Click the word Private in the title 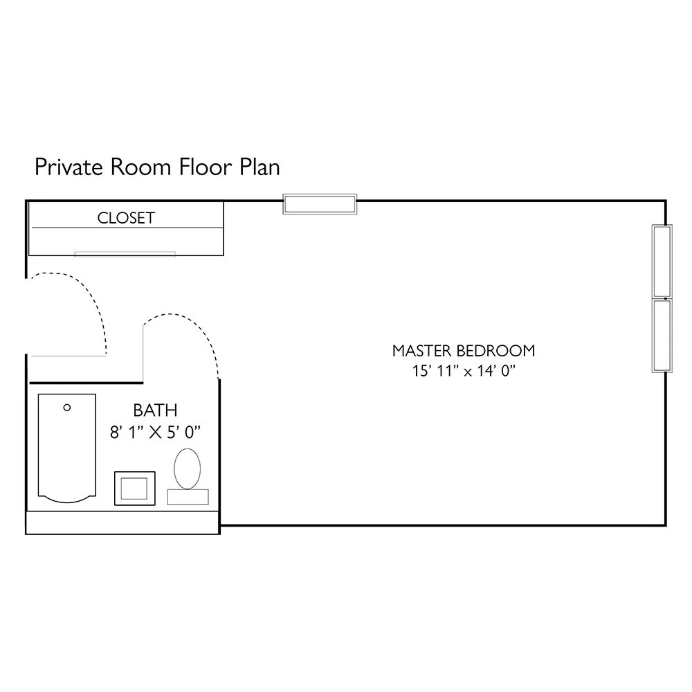69,167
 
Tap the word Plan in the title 260,167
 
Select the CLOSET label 126,218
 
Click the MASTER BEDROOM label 464,351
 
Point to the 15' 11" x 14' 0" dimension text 464,371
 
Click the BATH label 155,410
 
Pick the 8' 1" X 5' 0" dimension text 155,432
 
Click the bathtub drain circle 67,408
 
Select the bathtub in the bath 67,448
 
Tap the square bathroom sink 135,488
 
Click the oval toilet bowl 187,468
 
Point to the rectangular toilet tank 188,497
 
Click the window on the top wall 320,204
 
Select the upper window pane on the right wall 662,262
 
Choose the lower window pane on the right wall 662,336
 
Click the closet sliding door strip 125,254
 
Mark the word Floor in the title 206,167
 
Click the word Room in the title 140,167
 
